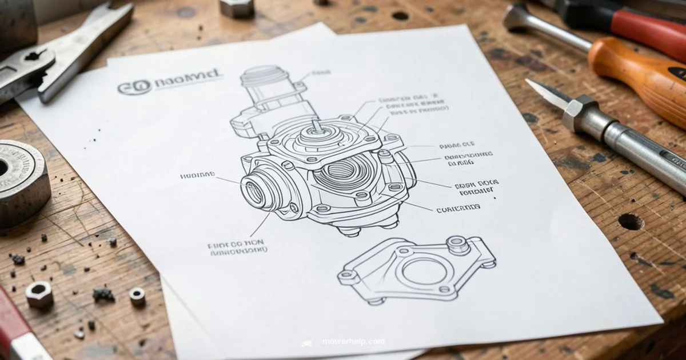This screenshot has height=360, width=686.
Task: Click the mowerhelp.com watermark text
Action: click(x=353, y=342)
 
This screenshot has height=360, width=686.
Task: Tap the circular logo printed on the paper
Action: click(x=135, y=87)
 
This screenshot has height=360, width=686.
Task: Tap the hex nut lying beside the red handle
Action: click(x=39, y=294)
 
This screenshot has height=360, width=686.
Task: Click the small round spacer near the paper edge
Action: click(x=137, y=295)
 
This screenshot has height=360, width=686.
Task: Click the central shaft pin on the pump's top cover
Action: click(x=316, y=126)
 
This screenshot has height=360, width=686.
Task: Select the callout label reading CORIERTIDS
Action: click(x=457, y=210)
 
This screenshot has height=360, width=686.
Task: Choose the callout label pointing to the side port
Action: click(x=197, y=175)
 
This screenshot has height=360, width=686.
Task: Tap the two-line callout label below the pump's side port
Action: click(x=237, y=247)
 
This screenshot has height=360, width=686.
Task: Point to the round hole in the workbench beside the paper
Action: click(x=630, y=221)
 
